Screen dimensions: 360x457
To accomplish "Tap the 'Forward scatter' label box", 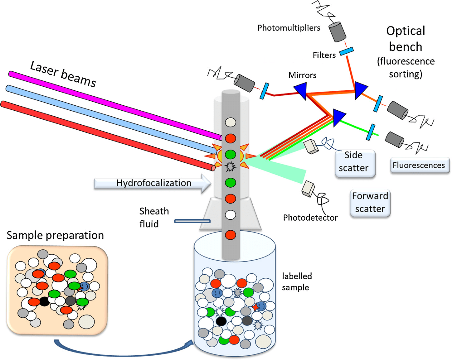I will tap(370, 203).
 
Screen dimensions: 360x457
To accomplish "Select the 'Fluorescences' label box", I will tap(420, 165).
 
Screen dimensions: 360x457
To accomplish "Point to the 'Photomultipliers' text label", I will tap(289, 28).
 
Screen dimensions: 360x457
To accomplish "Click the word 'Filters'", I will tap(324, 55).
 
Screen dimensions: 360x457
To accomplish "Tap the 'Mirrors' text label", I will tap(302, 75).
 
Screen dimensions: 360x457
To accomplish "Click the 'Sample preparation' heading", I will tap(55, 235).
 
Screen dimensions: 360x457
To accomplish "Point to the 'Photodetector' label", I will tap(310, 218).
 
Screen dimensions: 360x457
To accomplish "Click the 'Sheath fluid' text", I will tap(154, 218).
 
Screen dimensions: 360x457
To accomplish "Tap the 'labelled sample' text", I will tap(297, 282).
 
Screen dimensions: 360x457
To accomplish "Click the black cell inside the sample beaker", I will tap(221, 321).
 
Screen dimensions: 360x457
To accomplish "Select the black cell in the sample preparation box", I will tap(44, 301).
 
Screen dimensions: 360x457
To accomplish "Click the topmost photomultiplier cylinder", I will tap(338, 31).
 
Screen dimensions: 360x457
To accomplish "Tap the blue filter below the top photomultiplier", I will tap(346, 51).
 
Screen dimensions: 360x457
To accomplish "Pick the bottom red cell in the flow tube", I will tap(231, 235).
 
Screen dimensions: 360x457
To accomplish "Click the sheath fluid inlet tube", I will tap(192, 221).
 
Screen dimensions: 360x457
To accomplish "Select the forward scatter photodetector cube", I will tap(308, 189).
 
